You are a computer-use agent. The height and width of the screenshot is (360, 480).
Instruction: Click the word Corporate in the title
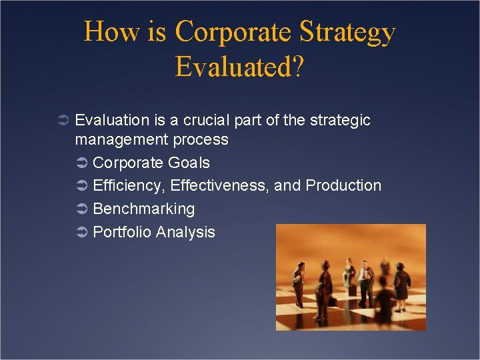(x=234, y=32)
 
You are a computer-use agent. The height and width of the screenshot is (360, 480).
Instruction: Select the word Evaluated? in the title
(x=239, y=66)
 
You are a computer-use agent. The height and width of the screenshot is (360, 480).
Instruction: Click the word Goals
(x=189, y=163)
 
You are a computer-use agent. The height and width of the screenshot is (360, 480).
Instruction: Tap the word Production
(x=343, y=185)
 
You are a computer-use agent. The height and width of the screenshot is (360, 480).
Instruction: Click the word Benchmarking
(x=144, y=209)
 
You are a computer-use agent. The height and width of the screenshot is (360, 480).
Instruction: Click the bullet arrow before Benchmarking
(x=82, y=209)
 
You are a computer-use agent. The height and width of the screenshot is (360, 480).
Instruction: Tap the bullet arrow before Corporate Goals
(x=82, y=163)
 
